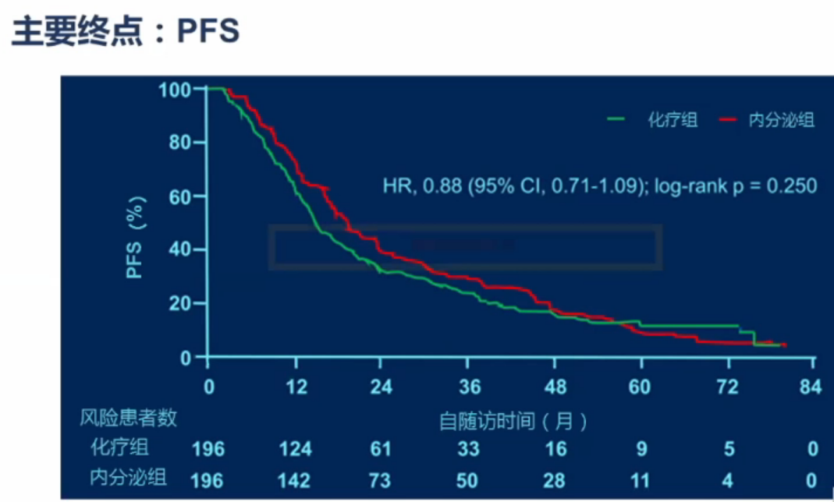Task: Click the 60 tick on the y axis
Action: pos(179,196)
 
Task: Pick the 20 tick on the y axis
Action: pos(179,303)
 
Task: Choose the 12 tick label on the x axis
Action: pos(294,387)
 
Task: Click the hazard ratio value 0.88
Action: pos(441,186)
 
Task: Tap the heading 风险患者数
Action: pos(129,418)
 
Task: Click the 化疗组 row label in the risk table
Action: pos(118,447)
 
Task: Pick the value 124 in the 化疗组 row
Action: pos(294,449)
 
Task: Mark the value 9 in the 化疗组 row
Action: pos(641,449)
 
